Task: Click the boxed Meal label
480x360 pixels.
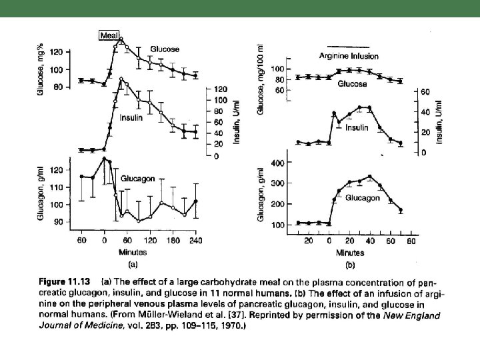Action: [108, 35]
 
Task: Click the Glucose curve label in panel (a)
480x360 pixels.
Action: [164, 49]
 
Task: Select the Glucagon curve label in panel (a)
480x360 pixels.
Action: [138, 179]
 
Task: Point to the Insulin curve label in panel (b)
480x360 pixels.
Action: [357, 127]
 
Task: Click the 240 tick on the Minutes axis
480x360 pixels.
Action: [196, 240]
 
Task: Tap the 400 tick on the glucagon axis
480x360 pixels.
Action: [277, 163]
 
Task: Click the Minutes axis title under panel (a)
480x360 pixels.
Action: [133, 253]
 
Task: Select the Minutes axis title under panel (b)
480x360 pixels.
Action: [349, 253]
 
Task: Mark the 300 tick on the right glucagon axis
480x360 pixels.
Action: [277, 184]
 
